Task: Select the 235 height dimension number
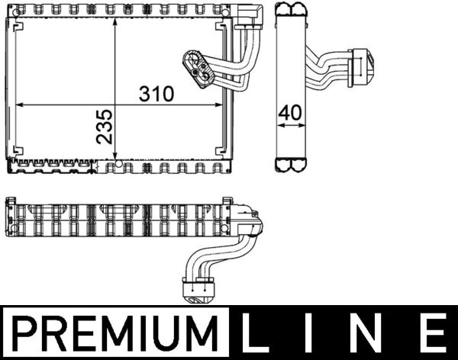(x=105, y=127)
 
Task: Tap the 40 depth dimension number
(x=290, y=112)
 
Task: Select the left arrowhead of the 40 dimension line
(x=278, y=122)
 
